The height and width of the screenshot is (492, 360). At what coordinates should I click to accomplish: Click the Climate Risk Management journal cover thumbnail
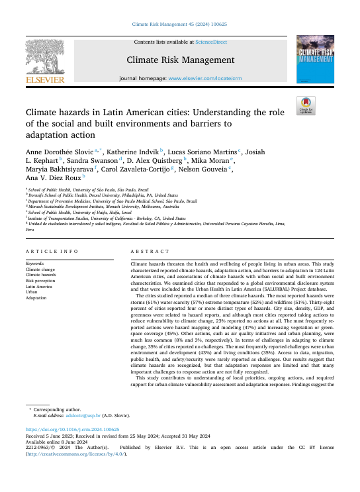(x=314, y=60)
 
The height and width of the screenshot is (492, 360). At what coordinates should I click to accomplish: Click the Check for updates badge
(x=306, y=104)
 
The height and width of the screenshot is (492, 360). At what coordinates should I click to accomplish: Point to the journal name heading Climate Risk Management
(x=180, y=59)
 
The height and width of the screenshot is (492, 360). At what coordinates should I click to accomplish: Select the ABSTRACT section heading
(x=146, y=252)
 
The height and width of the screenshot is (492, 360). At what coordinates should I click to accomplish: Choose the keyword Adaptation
(x=37, y=298)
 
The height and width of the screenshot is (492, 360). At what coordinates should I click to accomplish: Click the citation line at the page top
(x=179, y=24)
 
